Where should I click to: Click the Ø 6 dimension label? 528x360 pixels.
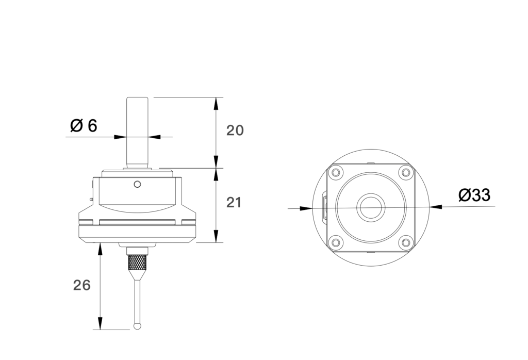click(x=83, y=125)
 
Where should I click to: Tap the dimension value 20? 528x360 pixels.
click(x=235, y=130)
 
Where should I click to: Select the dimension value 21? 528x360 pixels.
click(x=234, y=203)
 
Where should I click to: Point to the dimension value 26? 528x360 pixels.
click(x=82, y=285)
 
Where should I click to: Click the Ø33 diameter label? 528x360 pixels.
click(x=474, y=195)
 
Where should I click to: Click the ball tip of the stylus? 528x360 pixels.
click(x=137, y=326)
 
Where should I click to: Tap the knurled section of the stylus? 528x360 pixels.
click(x=137, y=264)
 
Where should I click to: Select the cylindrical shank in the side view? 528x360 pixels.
click(x=137, y=131)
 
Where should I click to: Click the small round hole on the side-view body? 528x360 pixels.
click(x=137, y=184)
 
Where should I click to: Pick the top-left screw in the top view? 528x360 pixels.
click(x=336, y=172)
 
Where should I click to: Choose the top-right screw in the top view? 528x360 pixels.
click(x=406, y=172)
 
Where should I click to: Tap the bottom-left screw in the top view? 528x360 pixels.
click(x=336, y=241)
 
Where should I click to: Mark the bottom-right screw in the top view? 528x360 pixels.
click(x=406, y=241)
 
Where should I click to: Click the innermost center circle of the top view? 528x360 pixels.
click(x=371, y=207)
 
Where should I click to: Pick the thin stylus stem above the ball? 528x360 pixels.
click(x=137, y=299)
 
